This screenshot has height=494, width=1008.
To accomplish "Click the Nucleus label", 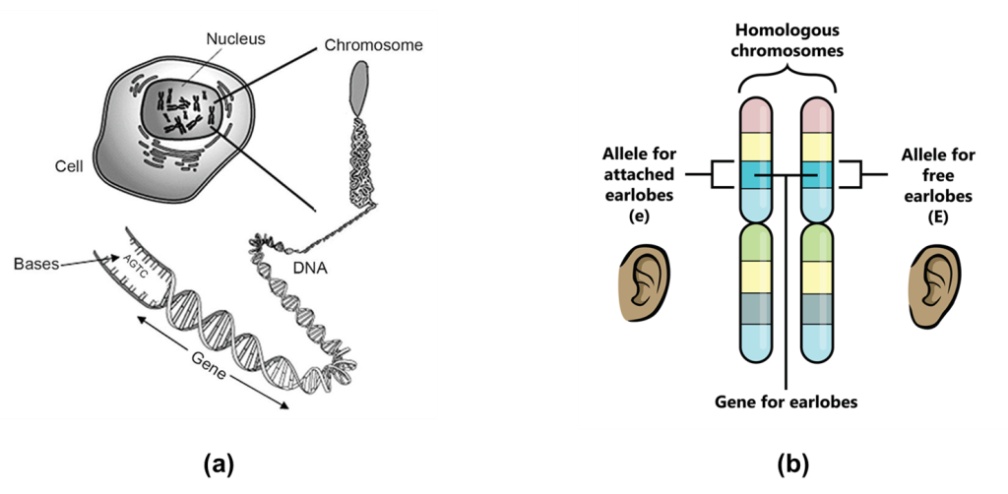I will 235,39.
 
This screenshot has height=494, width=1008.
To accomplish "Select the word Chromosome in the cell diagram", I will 373,45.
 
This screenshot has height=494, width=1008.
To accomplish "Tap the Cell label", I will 68,166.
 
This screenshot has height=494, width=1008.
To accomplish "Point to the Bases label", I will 36,265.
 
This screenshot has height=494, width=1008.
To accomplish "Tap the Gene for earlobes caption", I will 786,402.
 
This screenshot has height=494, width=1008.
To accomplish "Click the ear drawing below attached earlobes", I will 643,283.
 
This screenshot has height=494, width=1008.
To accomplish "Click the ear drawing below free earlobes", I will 933,283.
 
